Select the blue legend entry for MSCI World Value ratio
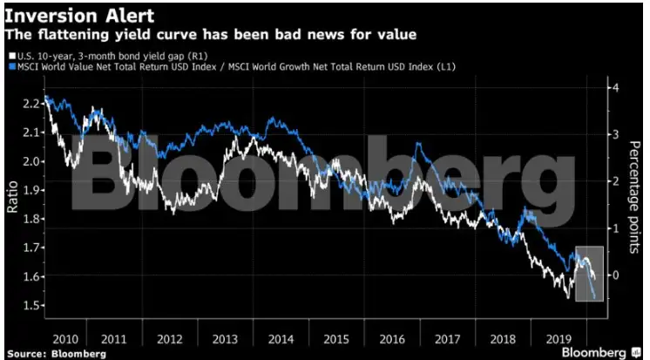tap(230, 66)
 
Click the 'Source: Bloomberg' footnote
tap(53, 353)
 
